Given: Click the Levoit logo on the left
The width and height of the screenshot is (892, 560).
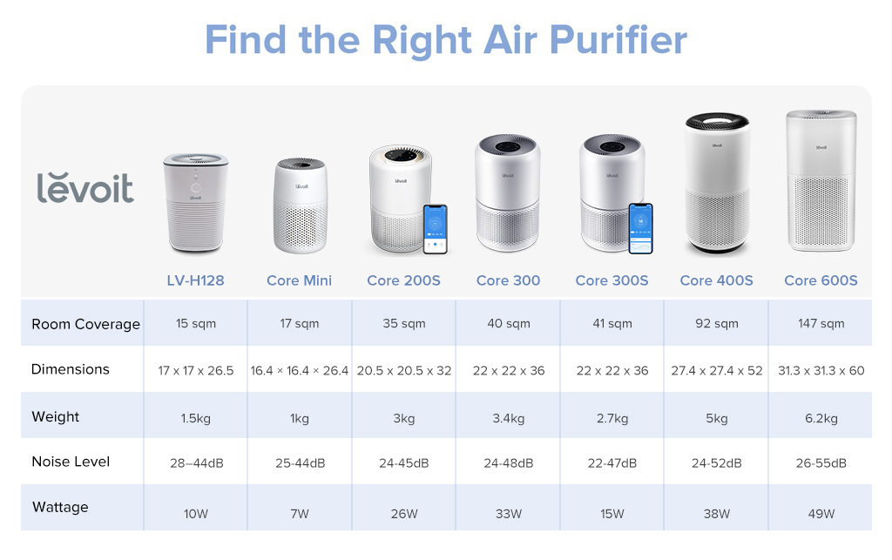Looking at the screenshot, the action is coord(85,188).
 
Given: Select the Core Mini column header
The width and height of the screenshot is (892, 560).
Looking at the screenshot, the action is coord(300,280).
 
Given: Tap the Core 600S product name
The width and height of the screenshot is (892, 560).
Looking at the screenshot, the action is coord(821,280).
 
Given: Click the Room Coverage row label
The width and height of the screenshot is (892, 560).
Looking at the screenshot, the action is coord(86,324).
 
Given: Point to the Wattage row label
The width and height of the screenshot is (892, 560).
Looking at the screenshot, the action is coord(60,507).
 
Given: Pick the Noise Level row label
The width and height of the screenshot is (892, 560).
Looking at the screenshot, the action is coord(71,462).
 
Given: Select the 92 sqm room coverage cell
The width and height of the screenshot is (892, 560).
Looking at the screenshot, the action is coord(717,323).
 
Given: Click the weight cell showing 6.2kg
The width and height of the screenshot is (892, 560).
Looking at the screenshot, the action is coord(821,418).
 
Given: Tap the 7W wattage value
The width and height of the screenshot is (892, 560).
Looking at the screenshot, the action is coord(300,514).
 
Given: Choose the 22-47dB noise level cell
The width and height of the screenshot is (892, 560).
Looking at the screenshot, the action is coord(612,463).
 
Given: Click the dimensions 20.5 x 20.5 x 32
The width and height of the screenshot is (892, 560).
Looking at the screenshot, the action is coord(404,371).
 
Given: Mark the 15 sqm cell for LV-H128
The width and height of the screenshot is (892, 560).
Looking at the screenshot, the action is coord(196,323).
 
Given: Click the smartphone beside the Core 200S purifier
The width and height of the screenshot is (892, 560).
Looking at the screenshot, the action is coord(436,229).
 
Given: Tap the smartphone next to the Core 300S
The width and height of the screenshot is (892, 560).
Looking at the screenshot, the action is coord(640,228).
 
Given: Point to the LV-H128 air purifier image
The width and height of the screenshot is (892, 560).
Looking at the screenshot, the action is coord(196,203).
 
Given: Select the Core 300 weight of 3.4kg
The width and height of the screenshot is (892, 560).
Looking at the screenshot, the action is coord(509,418).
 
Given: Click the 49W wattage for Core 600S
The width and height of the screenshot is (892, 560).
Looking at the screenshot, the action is coord(821,514).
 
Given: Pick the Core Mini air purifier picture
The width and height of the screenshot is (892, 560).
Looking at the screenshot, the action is coord(301,206).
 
